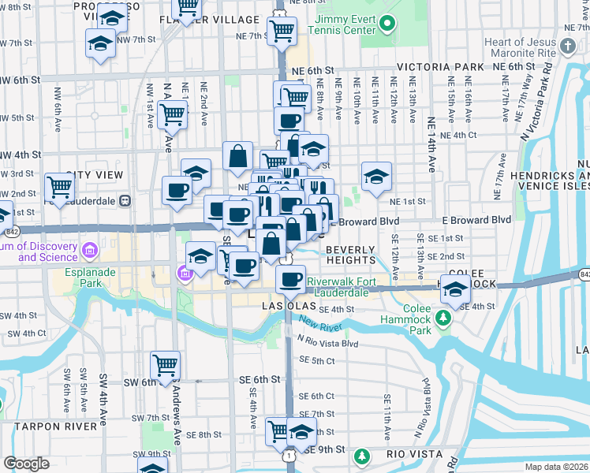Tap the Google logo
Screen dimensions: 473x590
[x=26, y=464]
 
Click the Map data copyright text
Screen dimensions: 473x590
[x=557, y=467]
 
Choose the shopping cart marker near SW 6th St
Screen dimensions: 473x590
[x=166, y=365]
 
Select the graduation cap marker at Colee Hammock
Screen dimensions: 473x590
[x=455, y=289]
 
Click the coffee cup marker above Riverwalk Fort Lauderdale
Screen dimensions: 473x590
[x=291, y=278]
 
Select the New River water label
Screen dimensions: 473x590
[x=319, y=325]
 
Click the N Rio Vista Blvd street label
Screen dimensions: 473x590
[x=327, y=344]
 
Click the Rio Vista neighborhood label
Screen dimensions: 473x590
[x=416, y=455]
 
